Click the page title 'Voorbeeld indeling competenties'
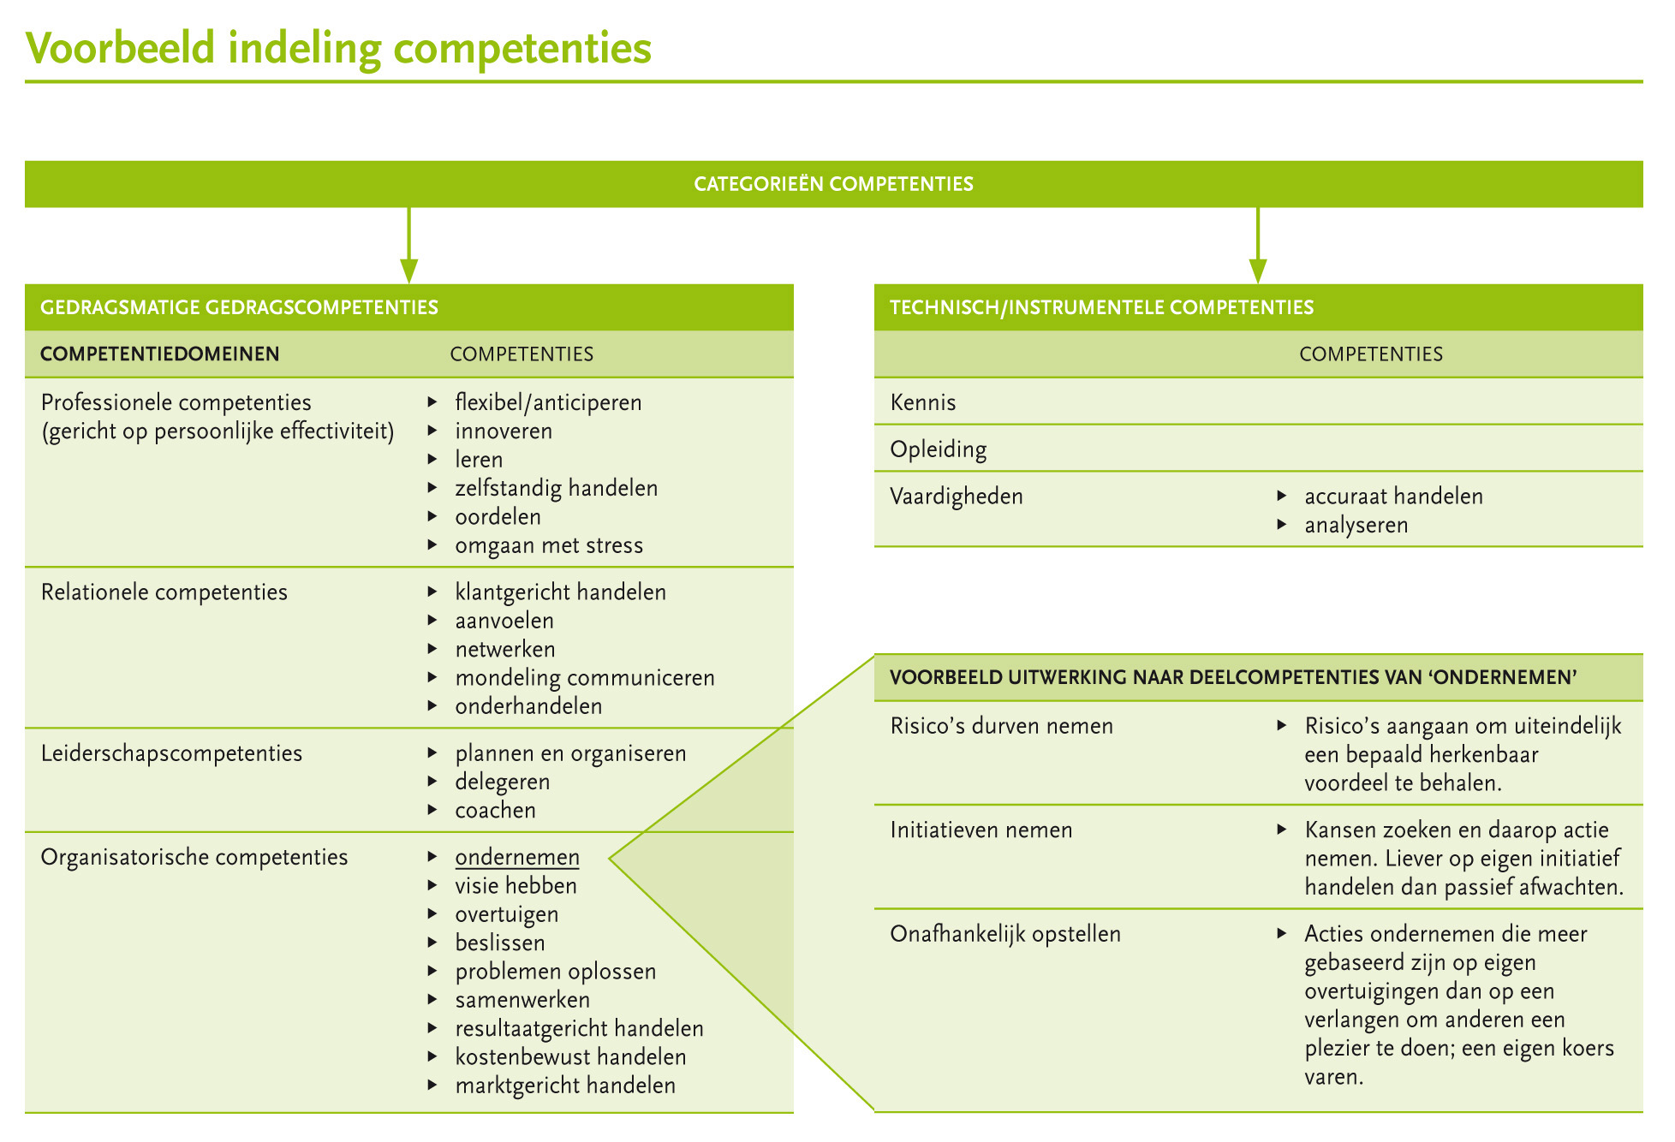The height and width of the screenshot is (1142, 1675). point(338,48)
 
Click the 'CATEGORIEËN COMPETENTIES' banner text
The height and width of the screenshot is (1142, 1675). point(833,184)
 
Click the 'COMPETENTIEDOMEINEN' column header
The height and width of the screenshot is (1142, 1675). point(160,354)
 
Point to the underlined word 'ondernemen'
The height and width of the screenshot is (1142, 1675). point(517,857)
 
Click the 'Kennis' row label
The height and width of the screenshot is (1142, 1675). point(923,402)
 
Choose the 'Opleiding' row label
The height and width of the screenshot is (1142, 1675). point(938,449)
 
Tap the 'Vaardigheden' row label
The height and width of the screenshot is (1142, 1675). point(957,497)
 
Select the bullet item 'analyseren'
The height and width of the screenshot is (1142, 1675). point(1356,525)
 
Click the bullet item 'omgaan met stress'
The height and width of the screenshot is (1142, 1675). point(549,545)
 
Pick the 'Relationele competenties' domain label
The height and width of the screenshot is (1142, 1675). point(164,592)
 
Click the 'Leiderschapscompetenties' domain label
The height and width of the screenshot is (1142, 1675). point(171,753)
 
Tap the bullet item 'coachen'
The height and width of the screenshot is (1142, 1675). point(495,811)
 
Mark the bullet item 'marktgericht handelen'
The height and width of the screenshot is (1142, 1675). point(565,1085)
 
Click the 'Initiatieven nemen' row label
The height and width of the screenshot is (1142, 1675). point(981,830)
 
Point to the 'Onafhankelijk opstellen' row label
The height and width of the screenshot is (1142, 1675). point(1005,934)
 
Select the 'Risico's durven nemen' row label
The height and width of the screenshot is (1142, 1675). point(1002,726)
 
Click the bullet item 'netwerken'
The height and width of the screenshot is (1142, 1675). point(505,650)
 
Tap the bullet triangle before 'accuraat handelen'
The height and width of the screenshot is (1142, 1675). point(1282,496)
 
